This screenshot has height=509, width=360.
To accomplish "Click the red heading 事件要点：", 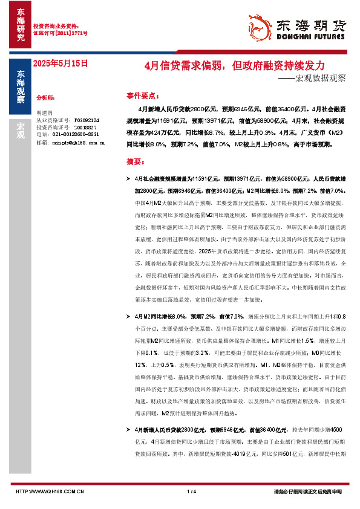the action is pos(143,96).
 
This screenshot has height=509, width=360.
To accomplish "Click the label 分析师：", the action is pos(45,97).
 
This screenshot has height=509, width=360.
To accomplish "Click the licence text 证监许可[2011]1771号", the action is pos(60,33).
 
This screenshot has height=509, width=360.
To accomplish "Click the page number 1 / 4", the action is pos(192,491).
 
